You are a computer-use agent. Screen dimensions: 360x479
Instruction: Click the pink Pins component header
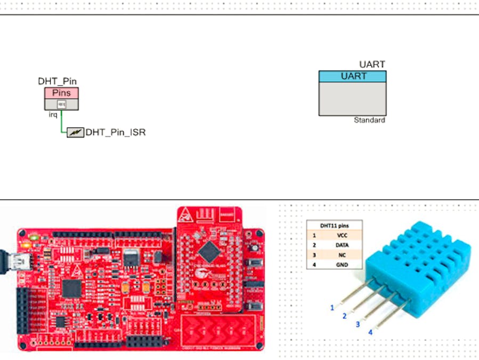point(61,93)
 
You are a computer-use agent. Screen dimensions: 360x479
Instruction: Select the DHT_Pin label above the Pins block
point(58,81)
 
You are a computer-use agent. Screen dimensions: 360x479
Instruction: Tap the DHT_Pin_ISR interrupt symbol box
point(75,132)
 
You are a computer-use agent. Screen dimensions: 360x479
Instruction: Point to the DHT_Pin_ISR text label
point(115,132)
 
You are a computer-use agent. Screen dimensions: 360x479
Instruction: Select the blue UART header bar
point(353,76)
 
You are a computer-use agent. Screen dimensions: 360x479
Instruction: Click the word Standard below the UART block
point(369,121)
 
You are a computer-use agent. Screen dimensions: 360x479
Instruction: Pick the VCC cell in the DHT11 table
point(342,235)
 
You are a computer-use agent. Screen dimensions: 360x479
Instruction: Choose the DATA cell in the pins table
point(342,245)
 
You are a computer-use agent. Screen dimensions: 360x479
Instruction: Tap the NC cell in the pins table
point(342,254)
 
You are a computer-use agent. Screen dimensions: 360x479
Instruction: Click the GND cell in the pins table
point(342,264)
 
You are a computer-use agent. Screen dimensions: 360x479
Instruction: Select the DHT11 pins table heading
point(335,225)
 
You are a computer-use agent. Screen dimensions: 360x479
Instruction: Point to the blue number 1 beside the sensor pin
point(332,307)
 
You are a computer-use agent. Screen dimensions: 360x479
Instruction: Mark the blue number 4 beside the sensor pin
point(370,332)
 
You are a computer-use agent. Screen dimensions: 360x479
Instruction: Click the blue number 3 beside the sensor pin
point(358,324)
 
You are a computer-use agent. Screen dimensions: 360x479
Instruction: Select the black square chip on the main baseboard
point(71,288)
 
